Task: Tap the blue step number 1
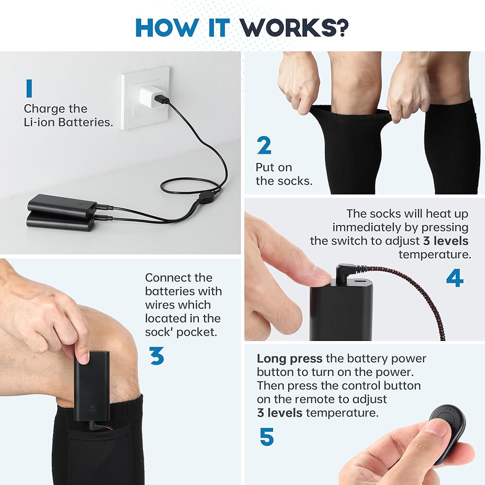(x=29, y=88)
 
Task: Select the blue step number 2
(x=264, y=145)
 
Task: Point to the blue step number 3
(x=157, y=356)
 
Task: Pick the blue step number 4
(x=455, y=278)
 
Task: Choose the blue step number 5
(x=267, y=437)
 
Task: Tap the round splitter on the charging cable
(x=206, y=197)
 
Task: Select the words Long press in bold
(x=290, y=358)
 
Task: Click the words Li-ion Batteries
(x=68, y=122)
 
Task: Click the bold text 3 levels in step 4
(x=446, y=241)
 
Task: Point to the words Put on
(x=274, y=167)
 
